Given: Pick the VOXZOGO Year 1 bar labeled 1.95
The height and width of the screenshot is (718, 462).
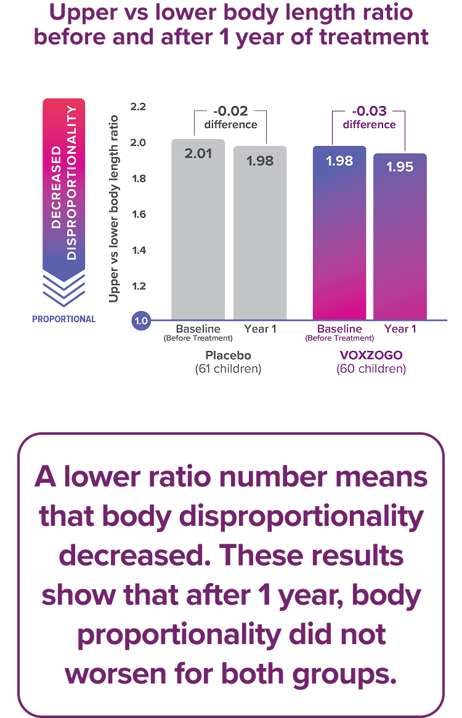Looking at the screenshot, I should [x=400, y=236].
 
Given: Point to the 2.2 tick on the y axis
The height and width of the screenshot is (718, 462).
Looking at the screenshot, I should [x=140, y=107].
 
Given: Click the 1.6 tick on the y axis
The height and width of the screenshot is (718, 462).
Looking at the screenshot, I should [x=140, y=214].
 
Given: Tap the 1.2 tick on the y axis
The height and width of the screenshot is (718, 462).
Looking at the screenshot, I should [x=140, y=286].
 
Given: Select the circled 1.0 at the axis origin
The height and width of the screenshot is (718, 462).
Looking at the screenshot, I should [x=141, y=320].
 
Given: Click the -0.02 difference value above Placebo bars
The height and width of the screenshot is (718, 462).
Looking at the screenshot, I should [x=231, y=111].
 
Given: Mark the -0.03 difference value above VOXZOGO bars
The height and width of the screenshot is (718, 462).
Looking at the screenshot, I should [x=370, y=111].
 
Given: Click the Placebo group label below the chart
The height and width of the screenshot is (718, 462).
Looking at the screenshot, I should [x=229, y=356].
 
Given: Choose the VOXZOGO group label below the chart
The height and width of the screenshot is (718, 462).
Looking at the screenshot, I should [x=371, y=356].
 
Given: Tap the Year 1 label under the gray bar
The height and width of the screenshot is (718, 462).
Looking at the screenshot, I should [x=259, y=329].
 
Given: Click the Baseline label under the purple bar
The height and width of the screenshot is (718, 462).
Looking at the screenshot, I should [x=339, y=329].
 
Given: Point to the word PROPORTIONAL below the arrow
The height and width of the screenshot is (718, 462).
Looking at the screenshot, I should [x=64, y=320].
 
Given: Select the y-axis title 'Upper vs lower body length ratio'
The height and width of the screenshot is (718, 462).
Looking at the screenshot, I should [x=113, y=209].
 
